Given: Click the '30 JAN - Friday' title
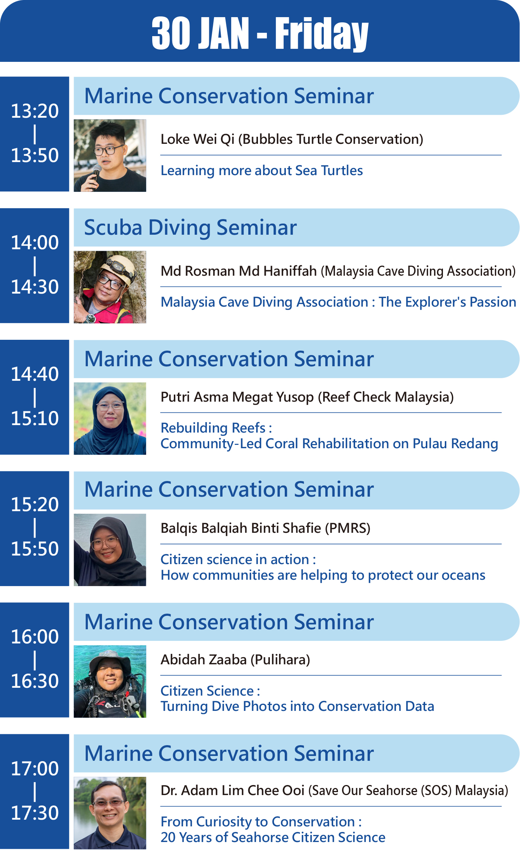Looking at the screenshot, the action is click(x=260, y=34).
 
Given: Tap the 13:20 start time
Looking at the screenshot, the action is click(x=35, y=111).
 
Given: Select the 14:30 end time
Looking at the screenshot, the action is click(x=35, y=287).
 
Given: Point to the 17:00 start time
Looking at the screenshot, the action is click(x=35, y=769).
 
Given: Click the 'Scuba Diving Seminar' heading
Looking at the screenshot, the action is click(x=190, y=227).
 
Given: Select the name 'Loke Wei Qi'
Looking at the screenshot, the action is click(x=197, y=139).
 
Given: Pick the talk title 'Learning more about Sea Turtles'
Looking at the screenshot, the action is click(x=262, y=170).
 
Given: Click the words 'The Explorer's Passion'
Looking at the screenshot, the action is click(x=447, y=302).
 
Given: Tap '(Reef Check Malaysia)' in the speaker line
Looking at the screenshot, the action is click(x=386, y=397).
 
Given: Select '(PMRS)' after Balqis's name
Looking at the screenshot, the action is click(x=348, y=528).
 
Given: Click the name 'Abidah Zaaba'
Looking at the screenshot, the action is click(x=204, y=660).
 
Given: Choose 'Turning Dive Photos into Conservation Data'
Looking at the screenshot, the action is click(x=297, y=706).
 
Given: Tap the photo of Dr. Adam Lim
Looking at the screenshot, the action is click(x=110, y=813).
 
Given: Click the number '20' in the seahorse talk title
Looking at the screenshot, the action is click(x=168, y=838).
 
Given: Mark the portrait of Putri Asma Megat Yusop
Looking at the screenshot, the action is click(x=110, y=418).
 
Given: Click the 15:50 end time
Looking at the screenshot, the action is click(x=35, y=549).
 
